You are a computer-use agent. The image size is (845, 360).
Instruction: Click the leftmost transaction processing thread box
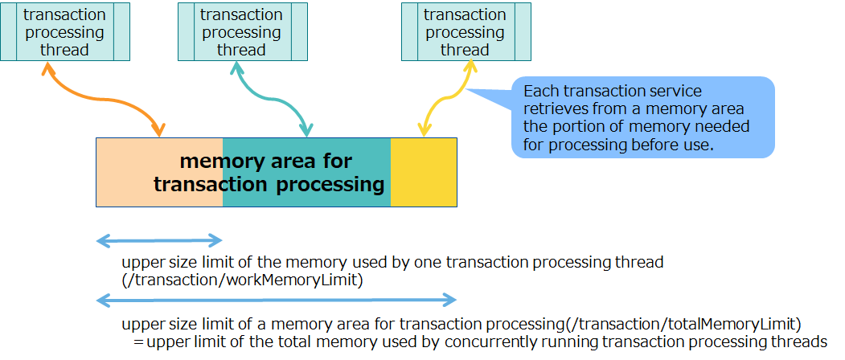64,31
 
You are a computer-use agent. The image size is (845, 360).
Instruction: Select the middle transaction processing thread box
241,31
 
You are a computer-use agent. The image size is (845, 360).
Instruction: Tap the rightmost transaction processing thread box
465,31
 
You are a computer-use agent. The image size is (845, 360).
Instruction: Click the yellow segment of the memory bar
424,171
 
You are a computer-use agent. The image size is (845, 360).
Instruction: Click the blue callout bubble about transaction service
643,117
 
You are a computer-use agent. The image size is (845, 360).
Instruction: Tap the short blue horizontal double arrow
159,240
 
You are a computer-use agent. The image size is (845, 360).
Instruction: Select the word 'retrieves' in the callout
553,108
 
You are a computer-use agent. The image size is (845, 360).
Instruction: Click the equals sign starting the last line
138,342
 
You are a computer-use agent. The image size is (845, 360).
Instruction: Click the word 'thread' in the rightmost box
465,50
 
